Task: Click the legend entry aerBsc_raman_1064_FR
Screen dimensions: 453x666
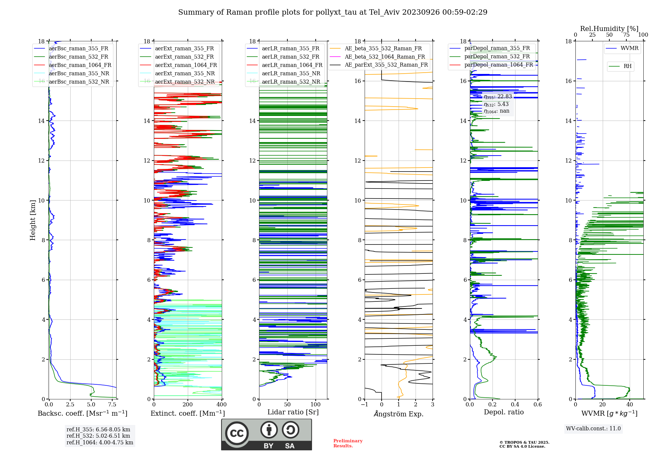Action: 80,65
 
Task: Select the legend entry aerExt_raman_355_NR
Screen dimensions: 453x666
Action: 185,74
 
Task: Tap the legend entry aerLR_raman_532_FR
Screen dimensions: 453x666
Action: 290,57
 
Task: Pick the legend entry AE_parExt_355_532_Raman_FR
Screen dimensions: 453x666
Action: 386,65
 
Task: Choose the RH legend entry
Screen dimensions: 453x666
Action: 627,66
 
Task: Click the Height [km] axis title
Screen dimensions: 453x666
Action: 33,220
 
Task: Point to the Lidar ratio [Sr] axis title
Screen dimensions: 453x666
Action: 293,412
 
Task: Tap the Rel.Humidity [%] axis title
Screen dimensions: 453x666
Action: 609,29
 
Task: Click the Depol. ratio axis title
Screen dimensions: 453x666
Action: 503,412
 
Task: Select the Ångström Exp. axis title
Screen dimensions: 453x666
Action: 399,414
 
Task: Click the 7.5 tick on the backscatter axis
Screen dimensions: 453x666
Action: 112,405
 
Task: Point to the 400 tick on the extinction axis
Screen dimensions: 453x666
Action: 221,405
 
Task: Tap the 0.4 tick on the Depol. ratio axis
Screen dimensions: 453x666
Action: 515,405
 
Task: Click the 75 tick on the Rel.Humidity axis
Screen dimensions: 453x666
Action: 626,35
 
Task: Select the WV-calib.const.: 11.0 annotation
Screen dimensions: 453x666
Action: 593,429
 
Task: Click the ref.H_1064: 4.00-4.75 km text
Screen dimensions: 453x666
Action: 100,443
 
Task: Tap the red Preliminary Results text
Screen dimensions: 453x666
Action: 348,443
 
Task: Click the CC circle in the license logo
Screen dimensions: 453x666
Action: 237,433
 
